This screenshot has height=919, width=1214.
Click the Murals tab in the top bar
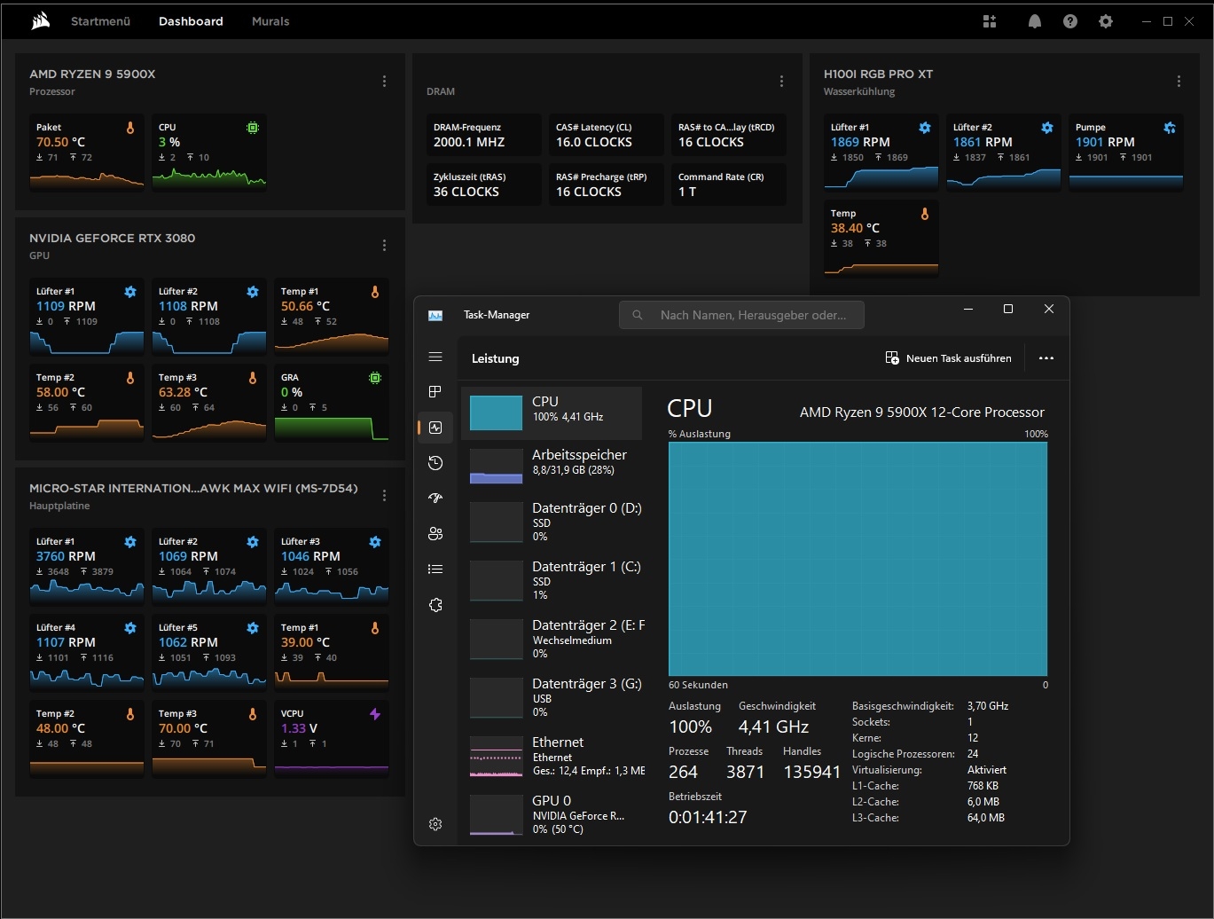click(270, 21)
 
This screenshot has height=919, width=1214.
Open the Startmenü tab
click(100, 21)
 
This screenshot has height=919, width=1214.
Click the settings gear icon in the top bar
click(1105, 21)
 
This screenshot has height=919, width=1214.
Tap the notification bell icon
click(1034, 21)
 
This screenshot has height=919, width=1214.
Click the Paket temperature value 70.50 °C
click(60, 142)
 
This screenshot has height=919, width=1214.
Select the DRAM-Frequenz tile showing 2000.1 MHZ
click(482, 135)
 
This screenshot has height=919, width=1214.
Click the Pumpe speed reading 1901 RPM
click(1104, 142)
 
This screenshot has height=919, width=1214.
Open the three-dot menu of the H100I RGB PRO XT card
click(1179, 82)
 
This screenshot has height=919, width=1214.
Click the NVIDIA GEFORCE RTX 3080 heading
click(112, 238)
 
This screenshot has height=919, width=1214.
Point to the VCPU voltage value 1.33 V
click(299, 728)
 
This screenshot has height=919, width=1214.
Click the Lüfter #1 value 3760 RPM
click(65, 556)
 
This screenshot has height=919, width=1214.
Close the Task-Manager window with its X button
click(1048, 309)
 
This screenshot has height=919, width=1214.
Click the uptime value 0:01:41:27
click(707, 817)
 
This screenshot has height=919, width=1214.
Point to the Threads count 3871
click(745, 772)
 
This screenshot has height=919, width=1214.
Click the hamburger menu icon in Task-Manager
click(435, 357)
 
